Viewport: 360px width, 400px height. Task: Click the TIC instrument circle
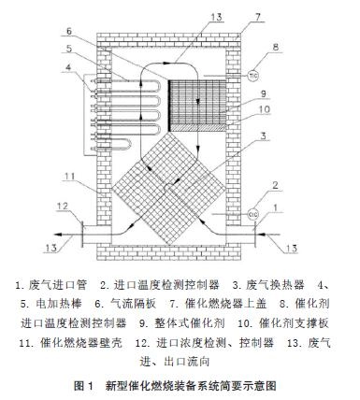pyautogui.click(x=252, y=75)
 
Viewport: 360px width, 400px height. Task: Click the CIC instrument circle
pyautogui.click(x=252, y=214)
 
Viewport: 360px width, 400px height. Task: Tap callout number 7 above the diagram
pyautogui.click(x=257, y=18)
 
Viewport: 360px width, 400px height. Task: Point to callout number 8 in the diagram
pyautogui.click(x=275, y=48)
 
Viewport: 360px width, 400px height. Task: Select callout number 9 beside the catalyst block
pyautogui.click(x=263, y=93)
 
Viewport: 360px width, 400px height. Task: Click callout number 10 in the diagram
pyautogui.click(x=263, y=109)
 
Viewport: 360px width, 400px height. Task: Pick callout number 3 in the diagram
pyautogui.click(x=263, y=136)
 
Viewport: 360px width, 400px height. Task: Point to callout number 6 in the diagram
pyautogui.click(x=69, y=31)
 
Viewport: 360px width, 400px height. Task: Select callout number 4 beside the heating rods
pyautogui.click(x=69, y=66)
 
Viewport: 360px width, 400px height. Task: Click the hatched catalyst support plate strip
pyautogui.click(x=197, y=128)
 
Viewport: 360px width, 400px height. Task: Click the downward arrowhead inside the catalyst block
pyautogui.click(x=197, y=102)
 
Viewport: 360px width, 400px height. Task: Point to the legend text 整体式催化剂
pyautogui.click(x=189, y=323)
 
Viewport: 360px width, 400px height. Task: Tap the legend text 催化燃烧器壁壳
pyautogui.click(x=81, y=343)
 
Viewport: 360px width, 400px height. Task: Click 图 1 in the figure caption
pyautogui.click(x=84, y=386)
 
